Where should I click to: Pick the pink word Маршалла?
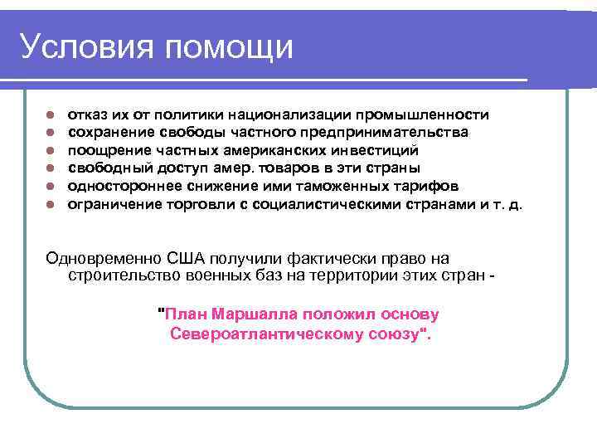[255, 315]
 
